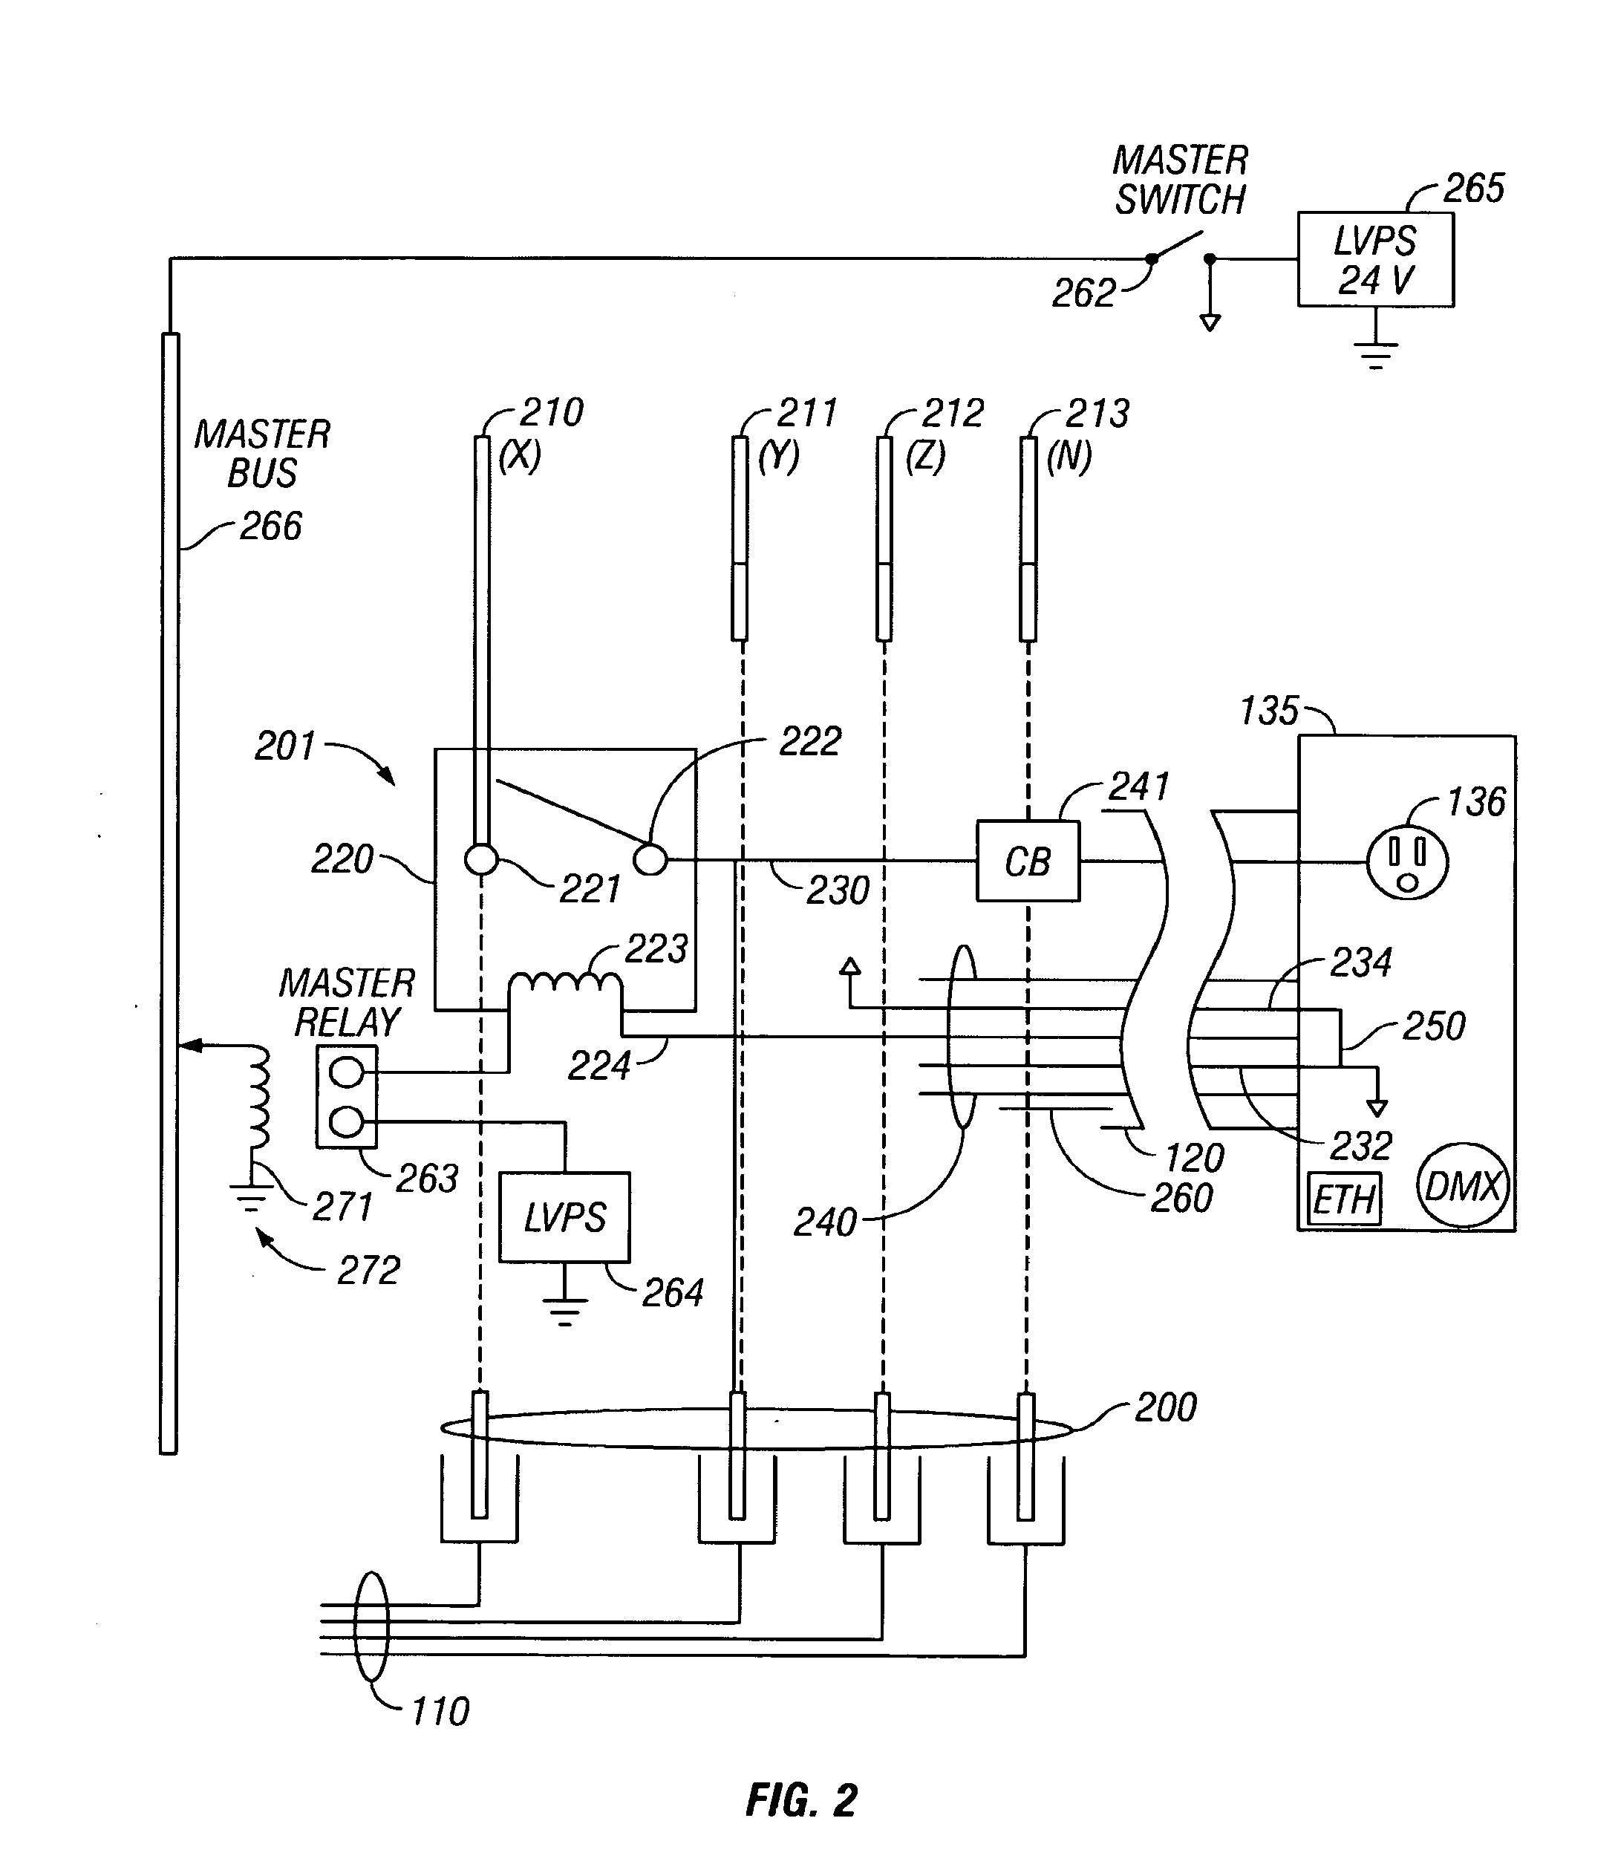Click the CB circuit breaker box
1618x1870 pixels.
coord(1028,861)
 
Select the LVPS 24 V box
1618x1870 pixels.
coord(1375,260)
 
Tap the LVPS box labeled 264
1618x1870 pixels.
coord(564,1217)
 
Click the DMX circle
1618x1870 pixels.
coord(1463,1185)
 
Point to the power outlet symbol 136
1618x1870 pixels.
coord(1406,862)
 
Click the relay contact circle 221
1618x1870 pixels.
coord(481,859)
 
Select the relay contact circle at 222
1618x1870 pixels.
coord(650,859)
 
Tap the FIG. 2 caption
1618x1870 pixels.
coord(801,1800)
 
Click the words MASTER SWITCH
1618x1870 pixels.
coord(1179,180)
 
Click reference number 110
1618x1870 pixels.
coord(440,1711)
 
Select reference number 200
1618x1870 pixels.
coord(1165,1407)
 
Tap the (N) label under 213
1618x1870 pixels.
coord(1069,457)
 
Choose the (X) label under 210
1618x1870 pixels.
coord(520,457)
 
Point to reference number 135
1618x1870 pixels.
coord(1268,711)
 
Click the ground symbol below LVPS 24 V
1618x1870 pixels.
coord(1375,354)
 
